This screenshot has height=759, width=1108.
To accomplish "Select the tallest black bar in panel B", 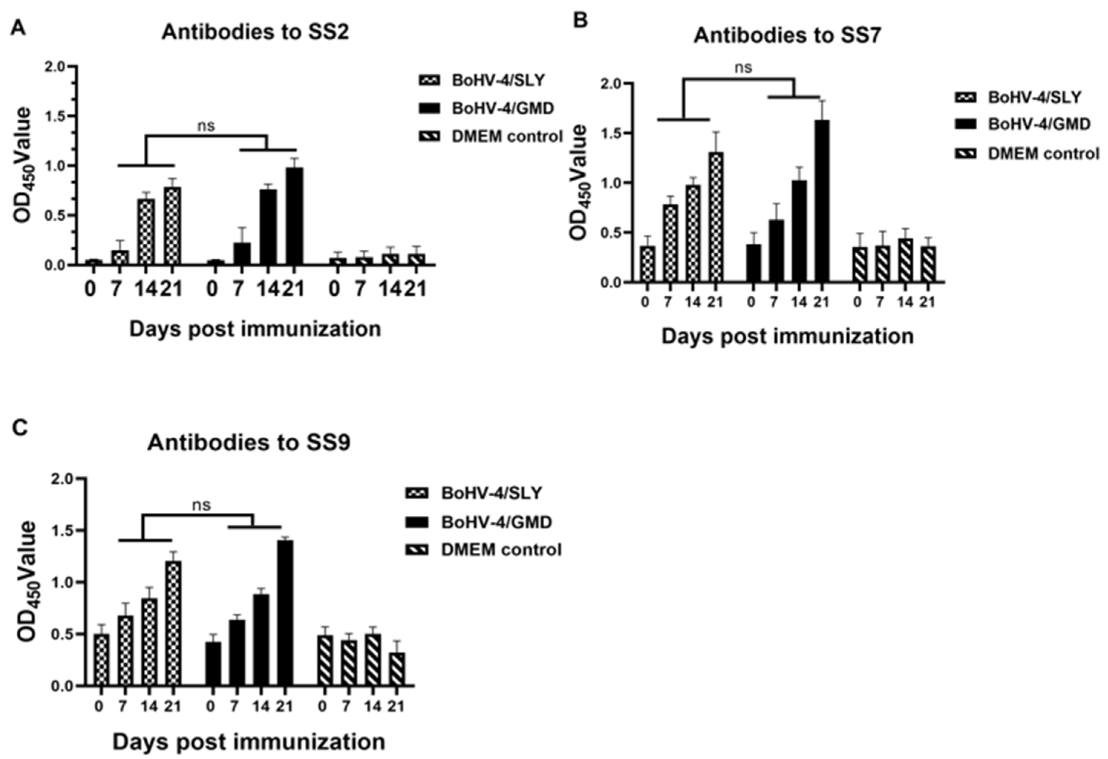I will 821,200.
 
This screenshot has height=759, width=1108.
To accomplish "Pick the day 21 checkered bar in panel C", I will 173,623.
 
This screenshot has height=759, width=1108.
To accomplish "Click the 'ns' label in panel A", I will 206,126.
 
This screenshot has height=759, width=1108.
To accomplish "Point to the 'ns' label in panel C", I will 201,505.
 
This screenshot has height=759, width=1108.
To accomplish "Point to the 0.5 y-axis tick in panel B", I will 611,233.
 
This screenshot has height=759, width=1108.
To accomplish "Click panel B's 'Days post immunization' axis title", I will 787,336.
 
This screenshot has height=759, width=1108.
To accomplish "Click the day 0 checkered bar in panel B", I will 647,264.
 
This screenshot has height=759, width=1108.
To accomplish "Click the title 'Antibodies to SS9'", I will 248,443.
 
